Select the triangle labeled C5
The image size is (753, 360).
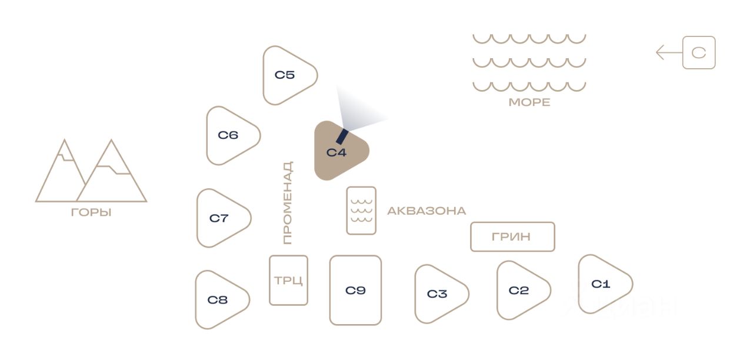click(x=286, y=75)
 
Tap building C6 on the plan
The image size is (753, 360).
click(x=230, y=135)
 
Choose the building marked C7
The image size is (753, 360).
click(x=221, y=218)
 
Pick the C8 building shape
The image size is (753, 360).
click(x=219, y=300)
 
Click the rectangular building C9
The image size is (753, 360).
click(x=355, y=290)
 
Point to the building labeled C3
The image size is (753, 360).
click(x=438, y=294)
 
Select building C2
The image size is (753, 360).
click(x=520, y=291)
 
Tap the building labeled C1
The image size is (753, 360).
click(x=602, y=284)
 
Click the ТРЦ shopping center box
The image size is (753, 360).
click(x=288, y=280)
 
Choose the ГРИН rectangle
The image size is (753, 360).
click(x=512, y=236)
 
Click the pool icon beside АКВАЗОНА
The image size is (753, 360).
click(x=361, y=211)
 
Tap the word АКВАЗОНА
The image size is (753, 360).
click(x=426, y=211)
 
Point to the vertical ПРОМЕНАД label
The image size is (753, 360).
click(x=287, y=203)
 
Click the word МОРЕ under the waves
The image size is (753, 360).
click(x=529, y=102)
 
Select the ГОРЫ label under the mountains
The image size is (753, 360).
click(x=91, y=212)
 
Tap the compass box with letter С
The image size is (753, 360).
click(x=698, y=53)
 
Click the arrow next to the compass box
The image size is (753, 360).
click(x=668, y=53)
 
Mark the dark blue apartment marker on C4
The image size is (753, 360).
click(x=341, y=136)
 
